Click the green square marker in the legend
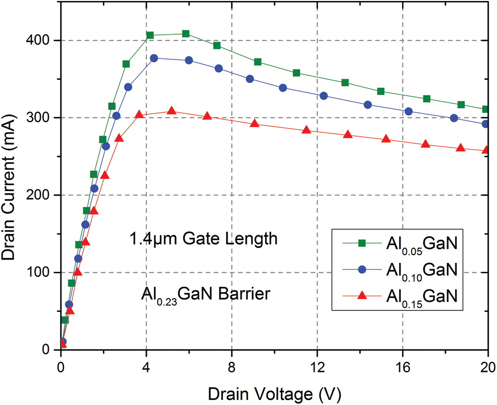tap(361, 243)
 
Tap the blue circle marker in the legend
tap(361, 269)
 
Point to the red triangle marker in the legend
tap(361, 296)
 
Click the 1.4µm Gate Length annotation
tap(203, 240)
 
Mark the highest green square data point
tap(185, 34)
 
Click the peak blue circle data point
tap(154, 58)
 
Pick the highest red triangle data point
tap(172, 111)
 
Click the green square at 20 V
tap(486, 109)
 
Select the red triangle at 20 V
tap(486, 150)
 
